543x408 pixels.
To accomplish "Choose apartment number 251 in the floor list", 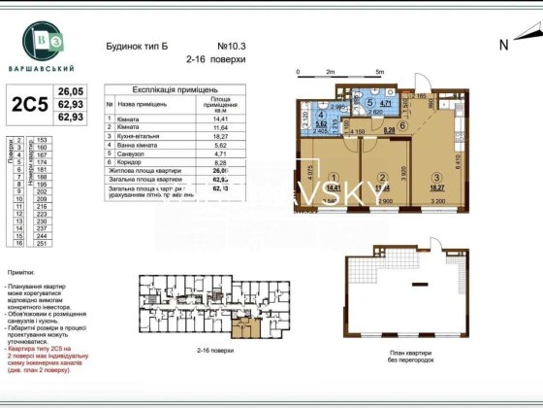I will tap(41, 244).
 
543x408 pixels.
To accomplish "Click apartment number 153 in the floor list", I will tap(41, 141).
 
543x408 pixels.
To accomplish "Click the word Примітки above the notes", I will tap(23, 276).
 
